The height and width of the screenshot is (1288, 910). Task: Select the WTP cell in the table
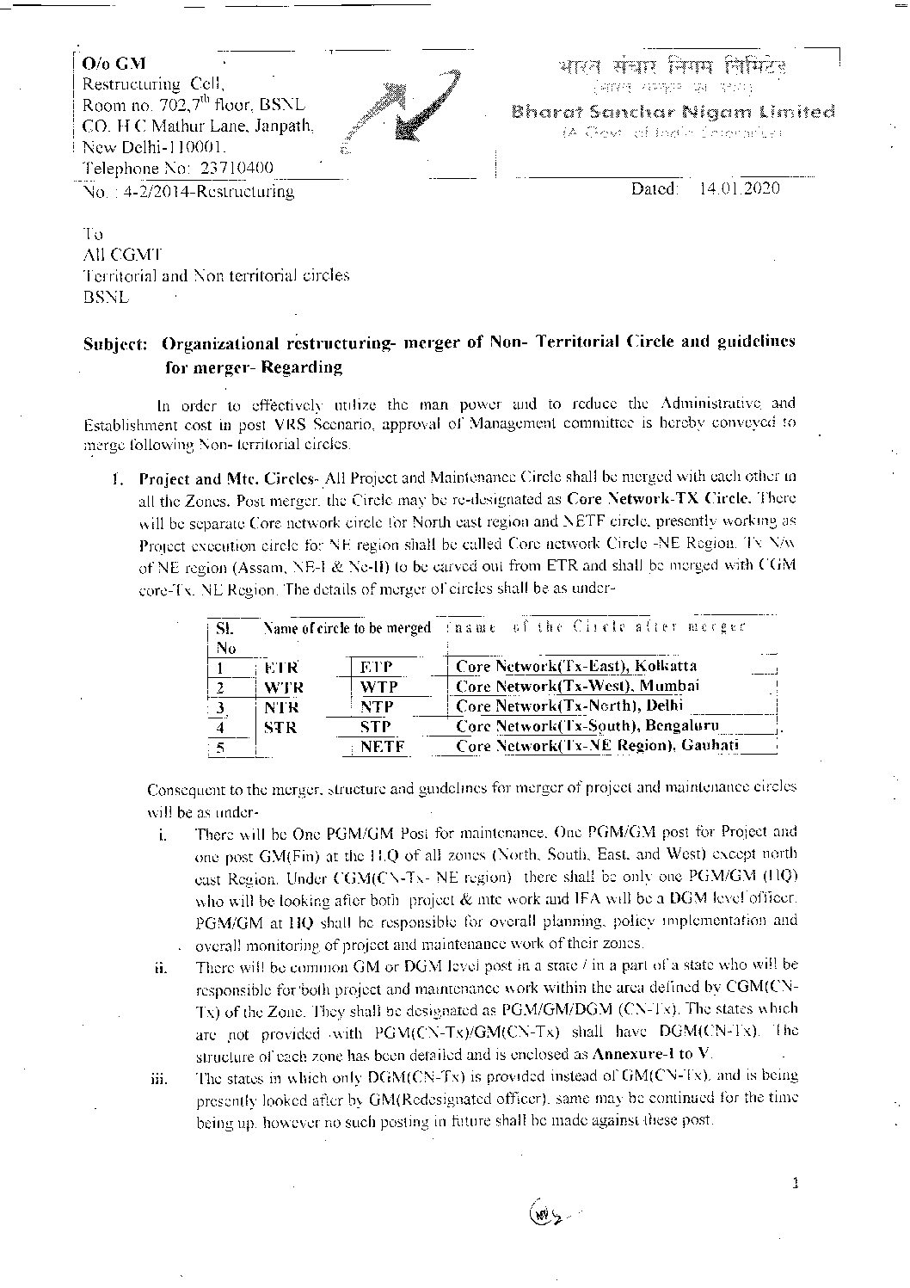tap(378, 687)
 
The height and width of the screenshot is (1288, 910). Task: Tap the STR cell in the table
tap(280, 727)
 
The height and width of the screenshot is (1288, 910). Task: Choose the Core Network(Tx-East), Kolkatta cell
tap(576, 666)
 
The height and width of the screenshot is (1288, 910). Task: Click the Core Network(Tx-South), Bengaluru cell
tap(587, 725)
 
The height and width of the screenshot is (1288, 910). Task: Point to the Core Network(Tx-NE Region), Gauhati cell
tap(597, 746)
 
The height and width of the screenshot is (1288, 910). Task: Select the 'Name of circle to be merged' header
tap(347, 628)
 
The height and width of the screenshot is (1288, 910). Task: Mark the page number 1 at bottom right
tap(796, 1184)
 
